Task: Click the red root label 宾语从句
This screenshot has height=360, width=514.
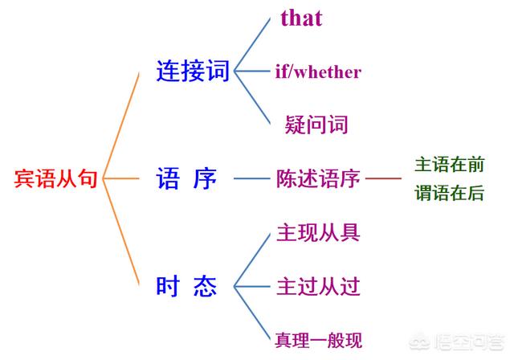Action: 55,178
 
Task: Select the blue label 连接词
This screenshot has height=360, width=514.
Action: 193,71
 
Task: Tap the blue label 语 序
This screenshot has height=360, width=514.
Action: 186,178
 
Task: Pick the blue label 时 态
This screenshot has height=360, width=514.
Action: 186,286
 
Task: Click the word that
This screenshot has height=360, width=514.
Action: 302,18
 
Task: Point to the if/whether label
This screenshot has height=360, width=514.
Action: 318,72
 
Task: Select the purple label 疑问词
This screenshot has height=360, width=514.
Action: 316,125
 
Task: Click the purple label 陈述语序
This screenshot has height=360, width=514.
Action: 318,178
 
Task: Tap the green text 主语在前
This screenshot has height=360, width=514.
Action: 450,164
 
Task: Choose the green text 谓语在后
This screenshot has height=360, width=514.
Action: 450,193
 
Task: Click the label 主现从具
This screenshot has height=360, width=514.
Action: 318,232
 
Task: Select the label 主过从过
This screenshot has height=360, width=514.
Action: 318,286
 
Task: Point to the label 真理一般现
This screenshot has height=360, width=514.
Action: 319,340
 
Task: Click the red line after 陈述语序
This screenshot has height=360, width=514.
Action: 383,178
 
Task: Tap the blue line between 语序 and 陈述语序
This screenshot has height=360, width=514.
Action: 251,178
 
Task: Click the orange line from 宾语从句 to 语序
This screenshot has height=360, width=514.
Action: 121,178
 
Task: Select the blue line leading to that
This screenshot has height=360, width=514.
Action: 252,44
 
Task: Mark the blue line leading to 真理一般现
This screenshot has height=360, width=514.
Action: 252,313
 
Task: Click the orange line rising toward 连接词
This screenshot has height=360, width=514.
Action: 121,125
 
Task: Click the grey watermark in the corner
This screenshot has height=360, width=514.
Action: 456,342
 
